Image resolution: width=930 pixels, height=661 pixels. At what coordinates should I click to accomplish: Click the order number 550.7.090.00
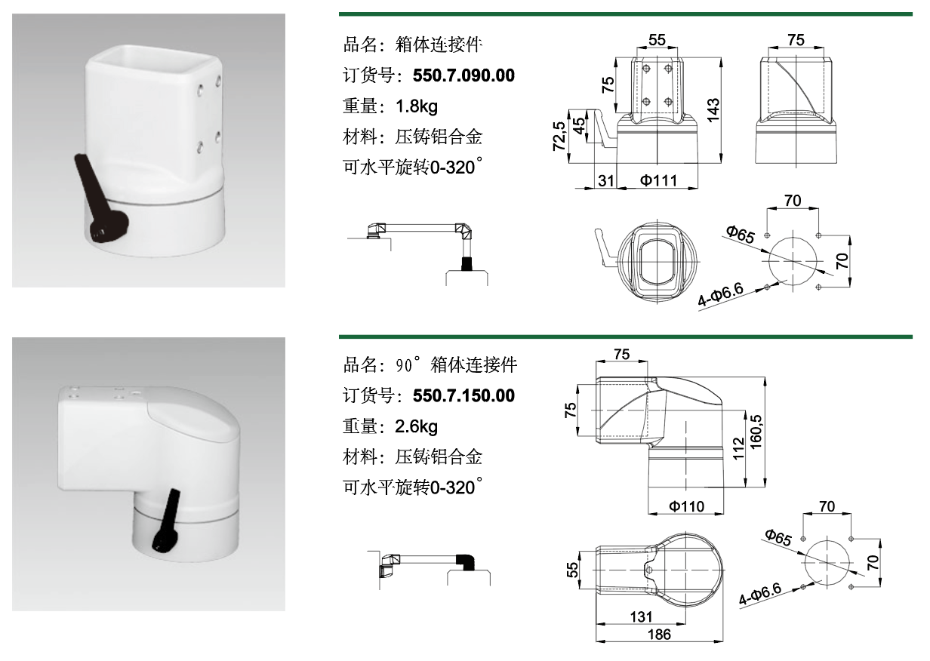(x=463, y=75)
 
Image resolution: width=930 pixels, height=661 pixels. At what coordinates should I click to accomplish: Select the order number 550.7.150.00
(x=463, y=396)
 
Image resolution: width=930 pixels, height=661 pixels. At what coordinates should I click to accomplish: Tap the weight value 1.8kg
(x=417, y=106)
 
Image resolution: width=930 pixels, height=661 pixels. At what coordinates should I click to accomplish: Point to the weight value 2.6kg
(x=417, y=427)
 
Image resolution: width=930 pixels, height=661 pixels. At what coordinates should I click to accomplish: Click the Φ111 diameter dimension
(x=658, y=180)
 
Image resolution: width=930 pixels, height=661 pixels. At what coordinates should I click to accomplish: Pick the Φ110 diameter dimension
(x=687, y=506)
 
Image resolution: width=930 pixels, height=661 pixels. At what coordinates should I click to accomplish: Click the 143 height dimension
(x=713, y=110)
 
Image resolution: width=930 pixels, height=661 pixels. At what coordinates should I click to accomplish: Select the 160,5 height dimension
(x=756, y=432)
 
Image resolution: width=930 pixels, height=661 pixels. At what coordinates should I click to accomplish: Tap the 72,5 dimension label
(x=559, y=136)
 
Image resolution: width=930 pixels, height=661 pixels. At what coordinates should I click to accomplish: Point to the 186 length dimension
(x=659, y=635)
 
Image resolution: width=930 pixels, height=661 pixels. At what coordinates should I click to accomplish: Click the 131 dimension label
(x=641, y=617)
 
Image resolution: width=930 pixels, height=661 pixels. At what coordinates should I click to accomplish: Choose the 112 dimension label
(x=738, y=448)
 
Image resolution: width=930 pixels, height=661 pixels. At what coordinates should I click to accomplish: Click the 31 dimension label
(x=605, y=180)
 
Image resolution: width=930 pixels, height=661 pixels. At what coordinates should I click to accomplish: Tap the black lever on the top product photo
(x=100, y=200)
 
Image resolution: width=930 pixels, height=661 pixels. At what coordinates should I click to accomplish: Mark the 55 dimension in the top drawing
(x=657, y=40)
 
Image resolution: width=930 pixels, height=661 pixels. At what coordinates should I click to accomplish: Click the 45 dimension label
(x=579, y=126)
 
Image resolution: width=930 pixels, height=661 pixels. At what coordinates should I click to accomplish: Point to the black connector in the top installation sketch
(x=467, y=263)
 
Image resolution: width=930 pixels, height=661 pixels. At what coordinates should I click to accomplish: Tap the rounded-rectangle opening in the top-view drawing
(x=658, y=263)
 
